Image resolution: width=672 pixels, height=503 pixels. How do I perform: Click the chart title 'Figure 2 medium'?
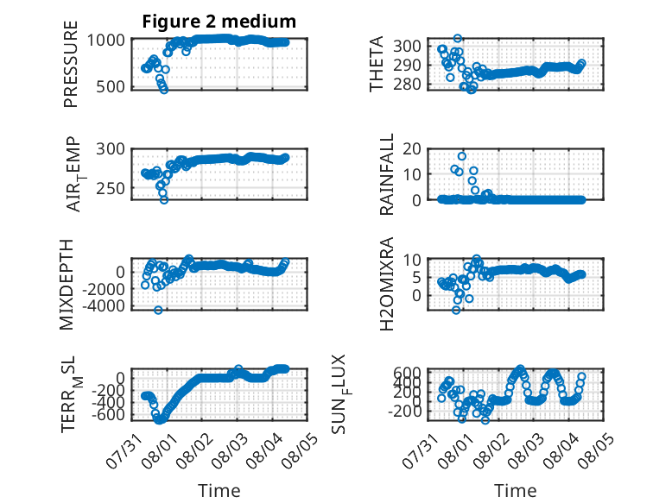tap(219, 22)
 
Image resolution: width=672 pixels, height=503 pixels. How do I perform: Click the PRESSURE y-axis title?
tap(71, 64)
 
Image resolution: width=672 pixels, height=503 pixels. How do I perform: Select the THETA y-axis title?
tap(376, 64)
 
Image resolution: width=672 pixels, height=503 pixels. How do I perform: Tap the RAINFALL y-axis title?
tap(387, 174)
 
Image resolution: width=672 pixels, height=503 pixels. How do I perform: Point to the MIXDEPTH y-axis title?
tap(67, 285)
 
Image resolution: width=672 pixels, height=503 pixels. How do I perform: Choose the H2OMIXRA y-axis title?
tap(387, 284)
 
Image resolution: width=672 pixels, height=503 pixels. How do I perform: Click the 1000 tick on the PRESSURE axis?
tap(106, 41)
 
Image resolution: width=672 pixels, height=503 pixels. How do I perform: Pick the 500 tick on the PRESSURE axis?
tap(111, 86)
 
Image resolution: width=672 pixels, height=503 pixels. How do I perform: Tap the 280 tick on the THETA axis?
tap(407, 84)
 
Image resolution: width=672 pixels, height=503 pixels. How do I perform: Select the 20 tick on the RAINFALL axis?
tap(412, 149)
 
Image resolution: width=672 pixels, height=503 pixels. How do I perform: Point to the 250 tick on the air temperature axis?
tap(111, 188)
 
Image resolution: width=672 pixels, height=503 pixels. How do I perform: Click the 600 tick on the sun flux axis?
tap(407, 373)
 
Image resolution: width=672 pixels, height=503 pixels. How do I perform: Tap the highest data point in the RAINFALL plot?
tap(461, 156)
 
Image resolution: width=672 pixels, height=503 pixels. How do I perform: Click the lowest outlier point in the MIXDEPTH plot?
tap(158, 310)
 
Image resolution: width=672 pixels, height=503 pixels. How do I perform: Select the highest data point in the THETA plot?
tap(458, 39)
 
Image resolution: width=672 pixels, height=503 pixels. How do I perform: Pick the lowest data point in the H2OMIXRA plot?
tap(456, 310)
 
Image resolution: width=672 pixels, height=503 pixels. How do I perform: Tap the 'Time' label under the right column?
tap(515, 491)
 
